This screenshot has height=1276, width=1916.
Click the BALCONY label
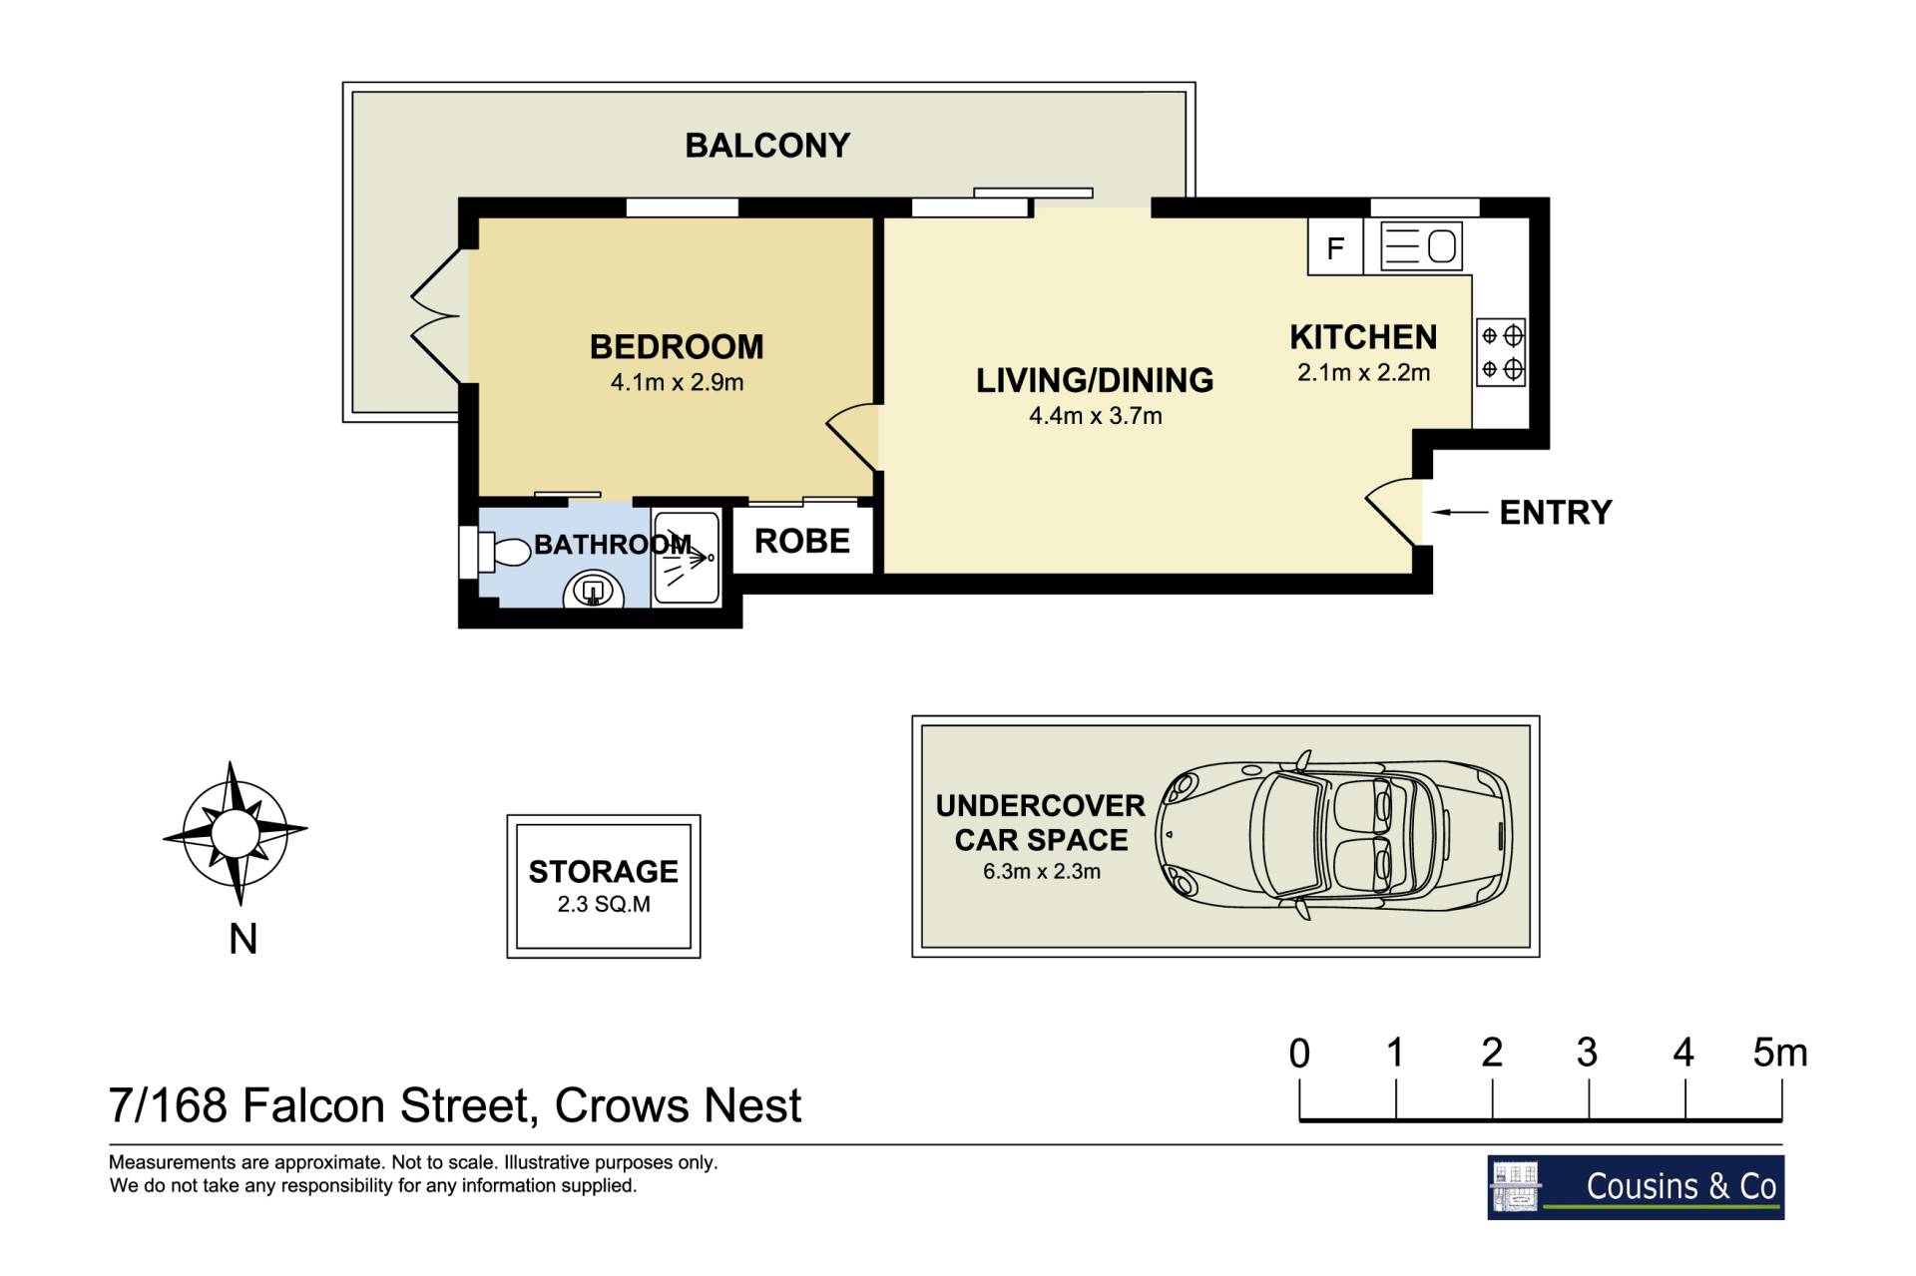click(x=767, y=146)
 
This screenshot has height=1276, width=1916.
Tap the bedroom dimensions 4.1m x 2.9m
click(x=677, y=382)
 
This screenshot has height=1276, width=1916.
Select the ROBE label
click(x=802, y=541)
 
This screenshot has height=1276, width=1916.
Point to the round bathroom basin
click(x=594, y=592)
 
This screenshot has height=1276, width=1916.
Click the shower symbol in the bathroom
click(x=686, y=559)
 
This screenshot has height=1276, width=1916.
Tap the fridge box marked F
click(x=1335, y=246)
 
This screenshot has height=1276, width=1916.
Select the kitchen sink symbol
click(x=1421, y=246)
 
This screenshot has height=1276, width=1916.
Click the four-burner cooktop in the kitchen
click(x=1501, y=352)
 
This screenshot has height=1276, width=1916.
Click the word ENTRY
click(x=1556, y=513)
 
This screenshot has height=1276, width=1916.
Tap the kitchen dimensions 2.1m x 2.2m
click(x=1363, y=373)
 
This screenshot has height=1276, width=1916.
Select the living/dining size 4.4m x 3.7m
click(x=1096, y=416)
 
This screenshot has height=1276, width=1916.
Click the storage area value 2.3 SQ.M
click(x=604, y=905)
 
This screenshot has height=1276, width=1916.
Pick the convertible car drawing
click(x=1334, y=835)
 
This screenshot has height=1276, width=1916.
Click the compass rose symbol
click(x=236, y=833)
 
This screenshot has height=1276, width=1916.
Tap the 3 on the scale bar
click(x=1588, y=1053)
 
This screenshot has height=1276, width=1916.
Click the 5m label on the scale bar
click(x=1780, y=1053)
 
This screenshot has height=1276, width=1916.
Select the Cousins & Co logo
click(x=1636, y=1187)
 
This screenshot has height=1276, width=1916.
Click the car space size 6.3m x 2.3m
click(x=1042, y=872)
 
